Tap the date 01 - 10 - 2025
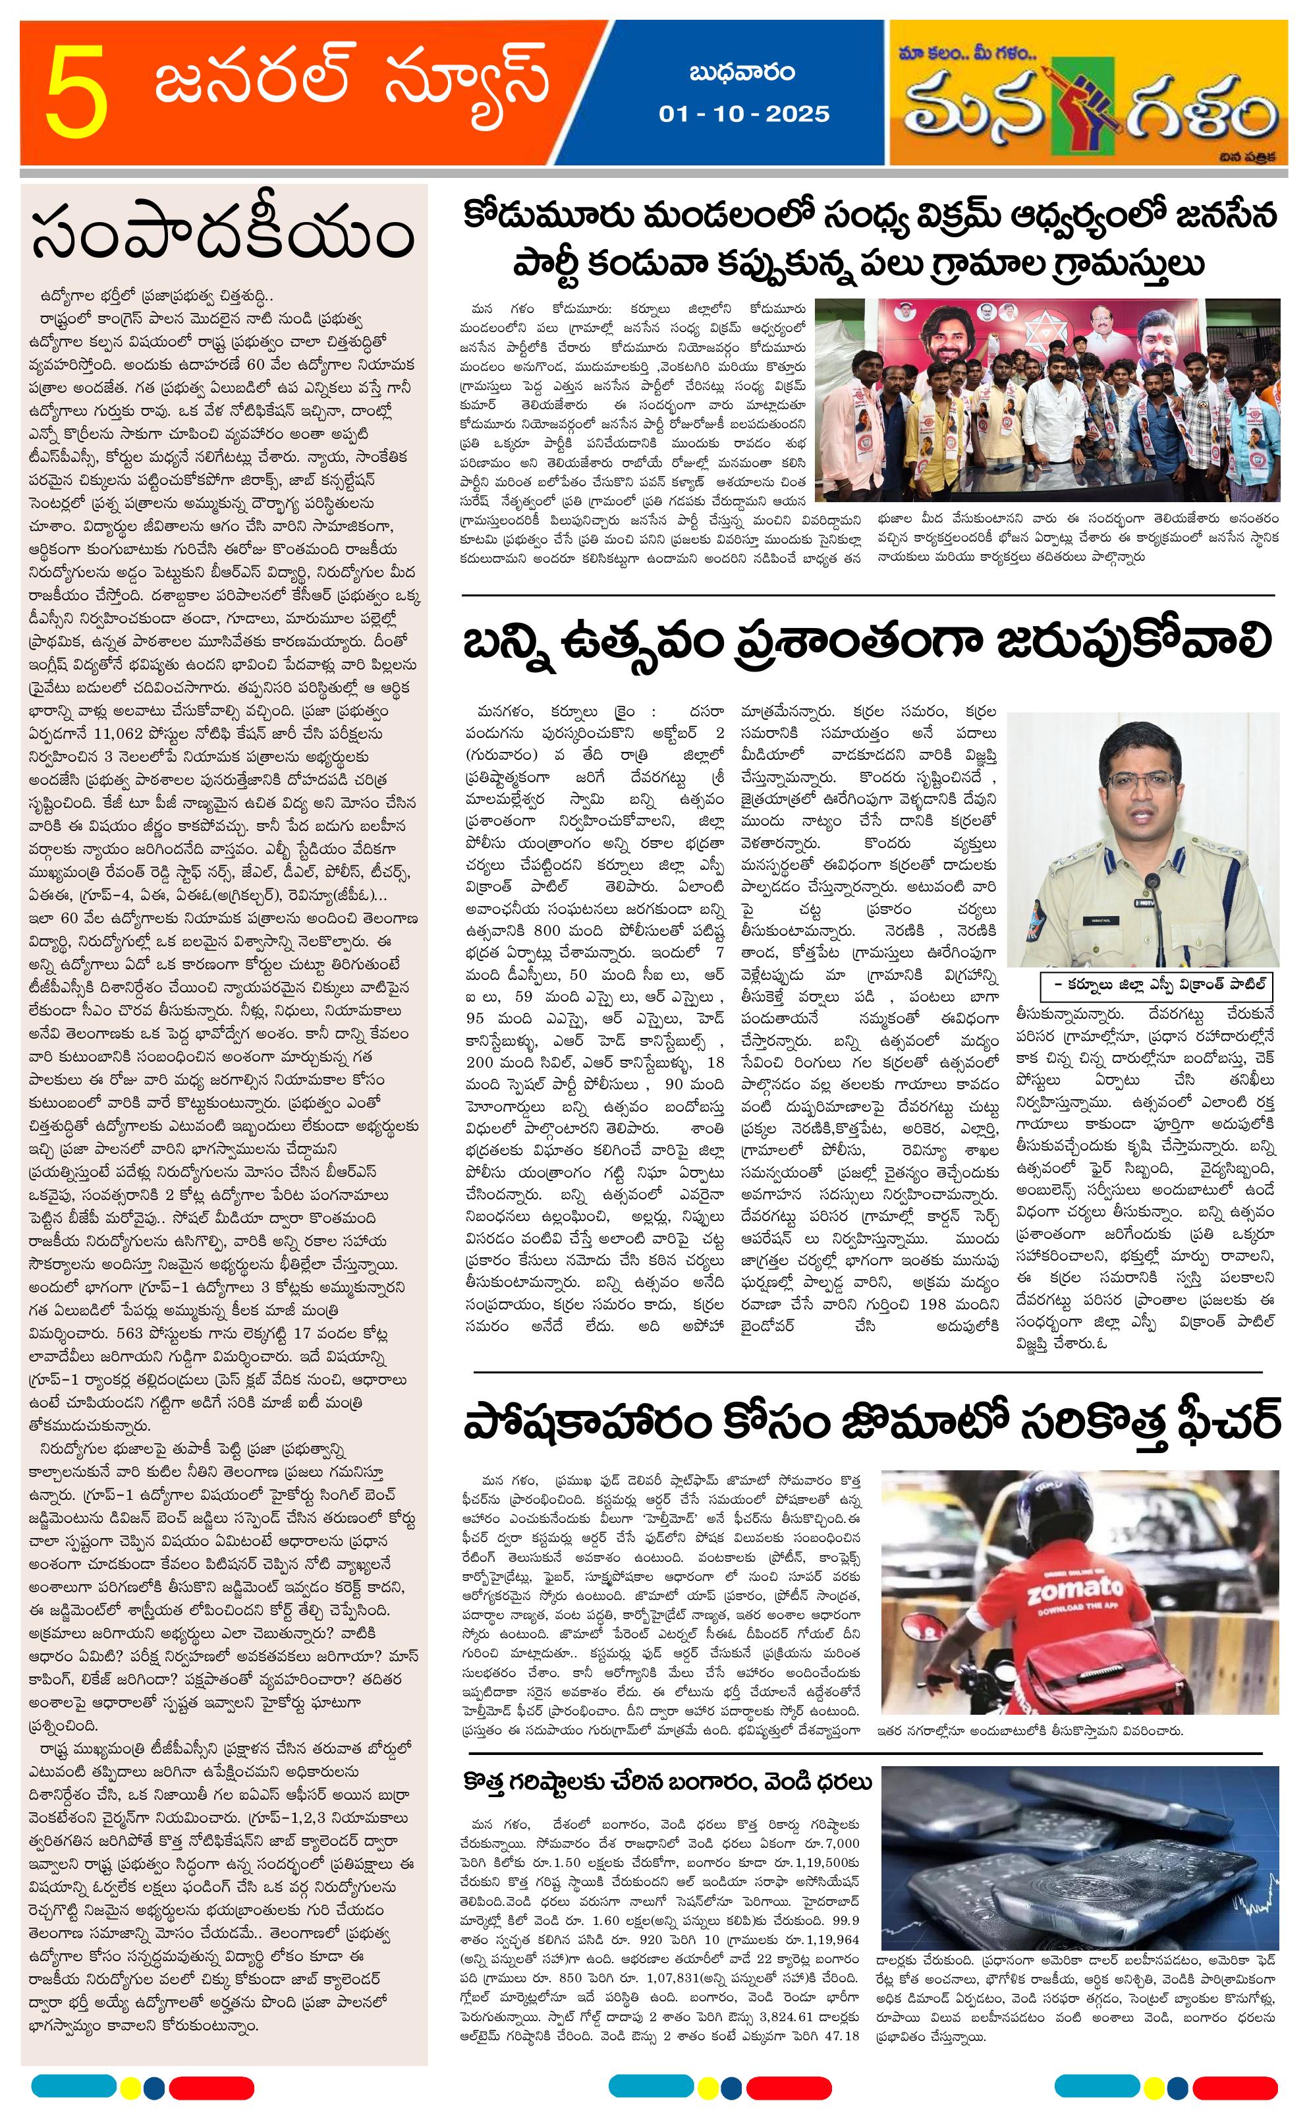[x=743, y=114]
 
